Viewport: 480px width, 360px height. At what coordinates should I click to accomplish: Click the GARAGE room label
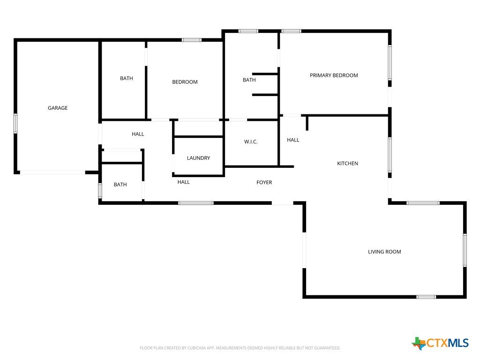point(58,108)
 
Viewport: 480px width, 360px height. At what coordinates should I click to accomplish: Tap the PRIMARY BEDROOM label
point(334,75)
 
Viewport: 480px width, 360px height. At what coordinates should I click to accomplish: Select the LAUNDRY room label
point(198,158)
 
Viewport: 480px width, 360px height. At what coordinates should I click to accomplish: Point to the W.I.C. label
point(251,142)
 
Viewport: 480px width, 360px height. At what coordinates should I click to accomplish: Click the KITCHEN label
point(347,164)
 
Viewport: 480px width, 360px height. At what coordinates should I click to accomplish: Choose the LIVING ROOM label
point(384,252)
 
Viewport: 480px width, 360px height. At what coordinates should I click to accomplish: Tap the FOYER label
point(264,182)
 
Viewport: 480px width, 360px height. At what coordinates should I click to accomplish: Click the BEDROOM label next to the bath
point(185,82)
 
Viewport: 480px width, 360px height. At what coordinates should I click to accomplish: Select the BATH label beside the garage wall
point(127,78)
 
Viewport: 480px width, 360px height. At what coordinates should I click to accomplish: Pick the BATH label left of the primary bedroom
point(249,80)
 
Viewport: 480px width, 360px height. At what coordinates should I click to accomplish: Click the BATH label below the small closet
point(120,185)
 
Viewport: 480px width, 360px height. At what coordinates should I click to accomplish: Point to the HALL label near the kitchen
point(293,140)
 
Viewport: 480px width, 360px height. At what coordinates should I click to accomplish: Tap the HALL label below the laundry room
point(184,182)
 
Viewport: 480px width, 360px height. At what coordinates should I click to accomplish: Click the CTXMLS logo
point(440,343)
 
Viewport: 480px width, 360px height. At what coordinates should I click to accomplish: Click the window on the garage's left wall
point(15,123)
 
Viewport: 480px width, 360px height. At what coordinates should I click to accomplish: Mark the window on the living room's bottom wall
point(426,297)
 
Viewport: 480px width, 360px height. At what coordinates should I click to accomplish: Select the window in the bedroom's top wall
point(192,40)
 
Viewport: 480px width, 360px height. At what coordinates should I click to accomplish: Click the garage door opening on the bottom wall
point(52,172)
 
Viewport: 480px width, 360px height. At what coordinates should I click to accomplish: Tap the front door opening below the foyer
point(283,203)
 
